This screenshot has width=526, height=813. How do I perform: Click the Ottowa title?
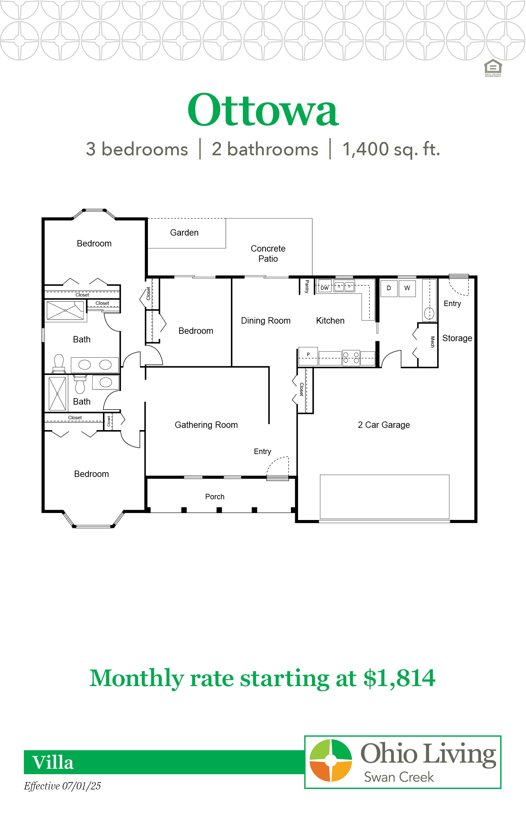click(263, 110)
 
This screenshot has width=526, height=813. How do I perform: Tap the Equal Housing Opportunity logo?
click(493, 68)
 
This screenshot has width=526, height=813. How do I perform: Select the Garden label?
click(184, 233)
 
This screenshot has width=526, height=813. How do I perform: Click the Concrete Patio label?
click(268, 253)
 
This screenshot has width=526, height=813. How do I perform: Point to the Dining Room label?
click(266, 321)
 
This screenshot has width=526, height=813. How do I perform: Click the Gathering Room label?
click(206, 425)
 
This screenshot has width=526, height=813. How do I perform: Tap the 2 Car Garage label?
click(384, 425)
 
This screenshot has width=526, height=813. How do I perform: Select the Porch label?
click(215, 497)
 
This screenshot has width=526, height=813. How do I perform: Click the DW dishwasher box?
click(325, 288)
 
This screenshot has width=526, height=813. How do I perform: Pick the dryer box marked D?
click(389, 288)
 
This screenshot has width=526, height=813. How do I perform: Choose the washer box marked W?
click(407, 288)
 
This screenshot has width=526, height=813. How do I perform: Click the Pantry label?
click(307, 286)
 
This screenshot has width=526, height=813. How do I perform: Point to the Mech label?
click(432, 342)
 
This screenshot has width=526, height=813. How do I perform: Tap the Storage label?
click(457, 338)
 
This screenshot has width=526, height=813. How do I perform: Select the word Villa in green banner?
click(53, 762)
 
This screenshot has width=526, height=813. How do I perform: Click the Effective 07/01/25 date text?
click(62, 786)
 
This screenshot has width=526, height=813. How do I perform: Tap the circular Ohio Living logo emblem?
click(331, 760)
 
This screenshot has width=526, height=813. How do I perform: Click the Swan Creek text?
click(399, 777)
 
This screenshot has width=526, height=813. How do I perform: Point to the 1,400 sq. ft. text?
click(391, 149)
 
